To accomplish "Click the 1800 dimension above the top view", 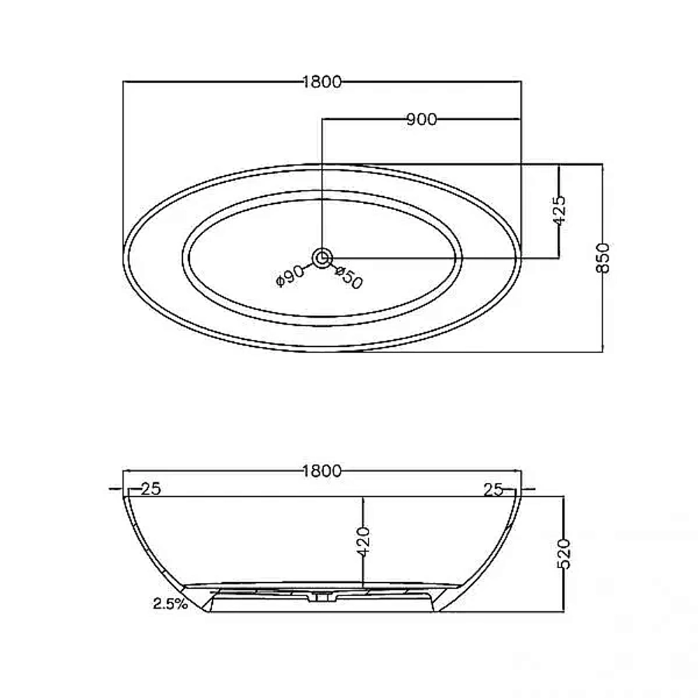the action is click(322, 82).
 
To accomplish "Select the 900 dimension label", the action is click(422, 119).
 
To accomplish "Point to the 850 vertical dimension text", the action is click(602, 258).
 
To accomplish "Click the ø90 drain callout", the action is click(290, 276).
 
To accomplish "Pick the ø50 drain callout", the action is click(349, 277).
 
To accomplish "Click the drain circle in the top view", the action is click(322, 258).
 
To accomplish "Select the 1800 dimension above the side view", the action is click(322, 470).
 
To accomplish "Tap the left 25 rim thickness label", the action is click(151, 489).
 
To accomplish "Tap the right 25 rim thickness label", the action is click(493, 490).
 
